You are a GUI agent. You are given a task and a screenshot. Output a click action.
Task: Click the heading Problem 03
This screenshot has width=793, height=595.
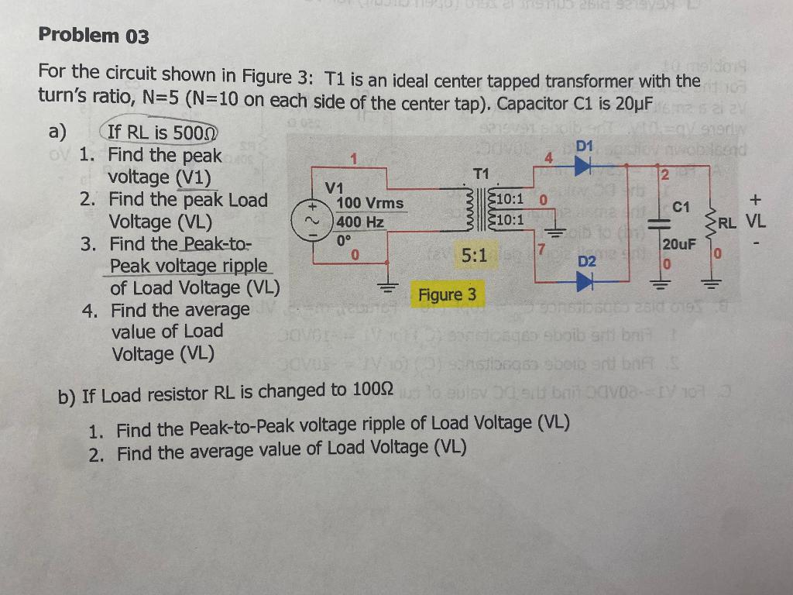[94, 36]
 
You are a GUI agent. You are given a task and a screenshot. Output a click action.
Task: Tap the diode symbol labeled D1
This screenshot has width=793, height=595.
[582, 164]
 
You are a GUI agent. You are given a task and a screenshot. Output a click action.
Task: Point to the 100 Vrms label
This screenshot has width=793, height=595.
[370, 203]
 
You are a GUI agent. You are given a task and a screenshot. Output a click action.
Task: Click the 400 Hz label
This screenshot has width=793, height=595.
[361, 222]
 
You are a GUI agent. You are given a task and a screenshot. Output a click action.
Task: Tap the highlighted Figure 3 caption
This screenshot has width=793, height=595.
[447, 295]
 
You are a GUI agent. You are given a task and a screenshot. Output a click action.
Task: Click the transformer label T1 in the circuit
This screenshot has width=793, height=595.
[481, 172]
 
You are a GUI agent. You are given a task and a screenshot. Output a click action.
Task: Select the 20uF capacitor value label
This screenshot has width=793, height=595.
[680, 244]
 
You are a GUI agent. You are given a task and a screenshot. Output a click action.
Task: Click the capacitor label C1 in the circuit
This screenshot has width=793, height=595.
[681, 208]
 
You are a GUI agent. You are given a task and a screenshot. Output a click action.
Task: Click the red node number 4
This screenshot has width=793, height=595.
[548, 158]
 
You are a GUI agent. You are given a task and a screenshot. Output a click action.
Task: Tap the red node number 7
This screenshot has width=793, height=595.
[542, 249]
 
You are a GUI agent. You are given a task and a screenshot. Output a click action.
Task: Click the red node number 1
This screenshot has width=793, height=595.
[352, 160]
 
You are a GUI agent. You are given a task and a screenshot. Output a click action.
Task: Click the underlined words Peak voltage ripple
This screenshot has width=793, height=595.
[189, 266]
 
